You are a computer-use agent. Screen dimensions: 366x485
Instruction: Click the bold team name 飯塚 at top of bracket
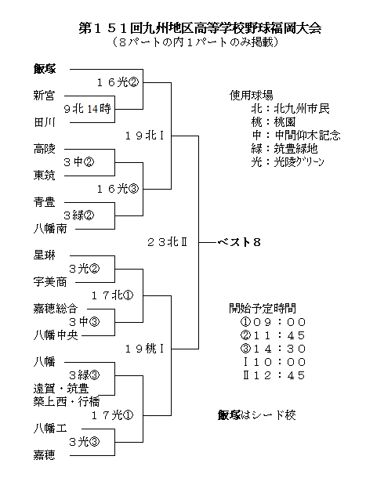pos(45,69)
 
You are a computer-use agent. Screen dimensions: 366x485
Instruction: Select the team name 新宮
pos(44,96)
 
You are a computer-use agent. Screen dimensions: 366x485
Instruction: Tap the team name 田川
pos(44,122)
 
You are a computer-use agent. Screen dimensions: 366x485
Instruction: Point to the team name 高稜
pos(44,149)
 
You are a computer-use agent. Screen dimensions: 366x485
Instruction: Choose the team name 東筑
pos(44,176)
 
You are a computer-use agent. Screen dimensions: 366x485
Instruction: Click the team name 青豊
pos(44,202)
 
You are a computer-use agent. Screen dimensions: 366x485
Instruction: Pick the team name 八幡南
pos(50,229)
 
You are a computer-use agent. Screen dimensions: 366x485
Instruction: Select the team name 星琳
pos(44,255)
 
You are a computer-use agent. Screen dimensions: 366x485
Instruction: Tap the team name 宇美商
pos(50,282)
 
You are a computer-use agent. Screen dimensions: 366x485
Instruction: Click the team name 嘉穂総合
pos(56,309)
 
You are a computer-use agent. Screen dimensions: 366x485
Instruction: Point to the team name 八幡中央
pos(56,335)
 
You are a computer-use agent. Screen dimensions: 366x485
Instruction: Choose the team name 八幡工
pos(50,429)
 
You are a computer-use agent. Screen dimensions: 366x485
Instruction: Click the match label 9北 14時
pos(87,109)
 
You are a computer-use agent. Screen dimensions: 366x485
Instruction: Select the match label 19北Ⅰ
pos(144,136)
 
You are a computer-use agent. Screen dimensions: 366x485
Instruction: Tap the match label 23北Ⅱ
pos(167,242)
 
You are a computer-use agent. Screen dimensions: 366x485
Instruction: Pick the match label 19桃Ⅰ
pos(144,349)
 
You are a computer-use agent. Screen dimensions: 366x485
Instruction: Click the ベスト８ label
pos(239,242)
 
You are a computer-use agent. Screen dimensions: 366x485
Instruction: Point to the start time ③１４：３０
pos(273,349)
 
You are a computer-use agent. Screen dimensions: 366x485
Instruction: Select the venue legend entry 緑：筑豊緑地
pos(284,149)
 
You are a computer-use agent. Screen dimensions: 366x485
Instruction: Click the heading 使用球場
pos(252,96)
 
